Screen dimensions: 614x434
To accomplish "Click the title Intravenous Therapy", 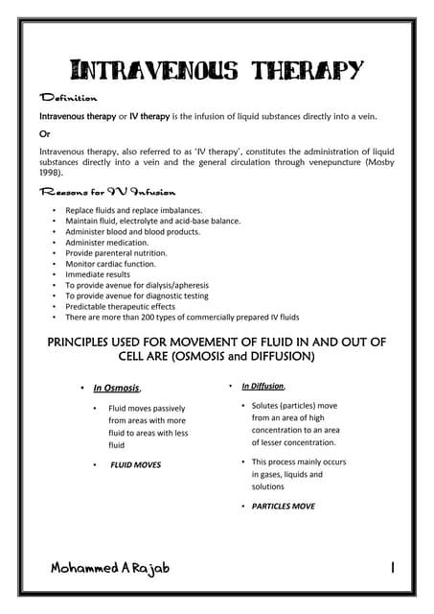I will click(x=217, y=70).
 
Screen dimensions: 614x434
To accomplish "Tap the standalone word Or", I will click(x=44, y=133).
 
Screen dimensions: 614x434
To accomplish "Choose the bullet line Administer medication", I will click(x=110, y=242).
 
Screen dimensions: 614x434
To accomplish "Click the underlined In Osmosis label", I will click(x=117, y=389).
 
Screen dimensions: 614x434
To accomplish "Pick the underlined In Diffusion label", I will click(x=263, y=386).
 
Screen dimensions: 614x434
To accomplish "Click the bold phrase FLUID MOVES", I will click(x=135, y=465).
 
